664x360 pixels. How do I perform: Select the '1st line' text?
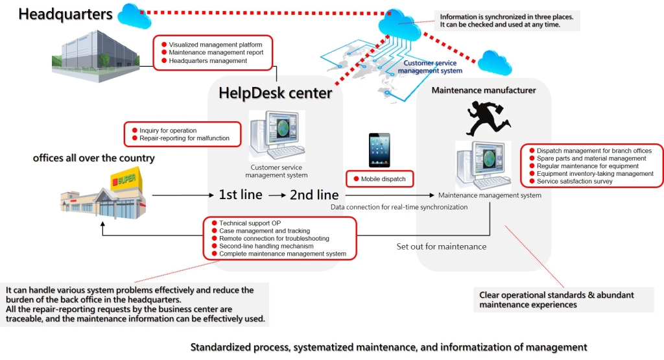tap(241, 194)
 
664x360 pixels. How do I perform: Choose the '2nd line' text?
tap(314, 194)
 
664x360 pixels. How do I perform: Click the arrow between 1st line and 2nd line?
tap(277, 194)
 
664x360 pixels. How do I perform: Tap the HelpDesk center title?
tap(276, 93)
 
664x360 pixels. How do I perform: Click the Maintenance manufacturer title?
tap(484, 90)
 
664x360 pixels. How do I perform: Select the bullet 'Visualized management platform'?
tap(215, 45)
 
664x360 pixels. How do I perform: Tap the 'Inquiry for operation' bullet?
tap(168, 130)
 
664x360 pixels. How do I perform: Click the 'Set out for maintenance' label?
tap(441, 246)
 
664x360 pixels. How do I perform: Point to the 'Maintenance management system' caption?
tap(490, 195)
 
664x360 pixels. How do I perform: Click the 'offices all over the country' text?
tap(94, 158)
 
